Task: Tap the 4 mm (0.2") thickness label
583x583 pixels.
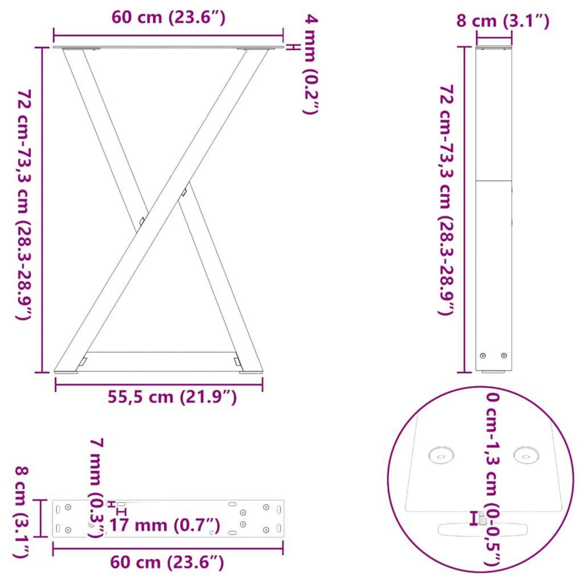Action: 310,64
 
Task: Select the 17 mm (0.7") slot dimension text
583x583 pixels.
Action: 164,525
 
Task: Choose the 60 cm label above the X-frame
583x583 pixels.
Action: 168,17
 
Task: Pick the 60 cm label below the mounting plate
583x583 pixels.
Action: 167,563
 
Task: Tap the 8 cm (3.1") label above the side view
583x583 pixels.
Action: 502,21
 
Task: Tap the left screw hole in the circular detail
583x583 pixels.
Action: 441,456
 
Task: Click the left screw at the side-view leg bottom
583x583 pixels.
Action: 483,356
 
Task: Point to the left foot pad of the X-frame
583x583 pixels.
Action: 66,372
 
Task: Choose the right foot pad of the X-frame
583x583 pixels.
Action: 250,372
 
